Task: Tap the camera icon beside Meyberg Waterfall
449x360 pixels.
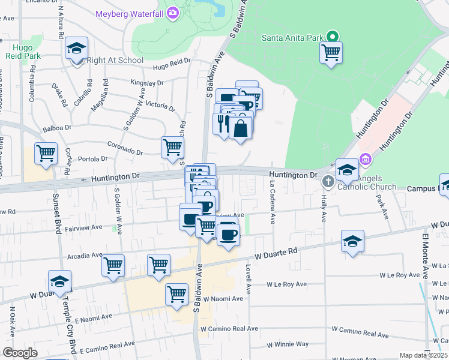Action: tap(173, 12)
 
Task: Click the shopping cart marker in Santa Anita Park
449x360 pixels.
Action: tap(331, 52)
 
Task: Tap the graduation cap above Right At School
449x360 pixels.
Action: tap(76, 47)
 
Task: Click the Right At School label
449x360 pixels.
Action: tap(115, 60)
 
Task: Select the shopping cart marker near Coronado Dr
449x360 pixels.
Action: tap(172, 147)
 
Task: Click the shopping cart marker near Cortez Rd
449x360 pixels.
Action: tap(46, 153)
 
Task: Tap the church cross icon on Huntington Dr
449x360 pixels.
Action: tap(328, 181)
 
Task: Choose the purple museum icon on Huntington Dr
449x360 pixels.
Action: tap(364, 159)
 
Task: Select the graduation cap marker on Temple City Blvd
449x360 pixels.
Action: tap(59, 281)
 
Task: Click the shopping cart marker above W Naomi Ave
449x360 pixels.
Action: tap(177, 294)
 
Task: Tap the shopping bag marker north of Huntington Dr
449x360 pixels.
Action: tap(240, 128)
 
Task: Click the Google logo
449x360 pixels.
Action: tap(20, 353)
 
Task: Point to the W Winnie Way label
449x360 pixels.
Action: tap(288, 344)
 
